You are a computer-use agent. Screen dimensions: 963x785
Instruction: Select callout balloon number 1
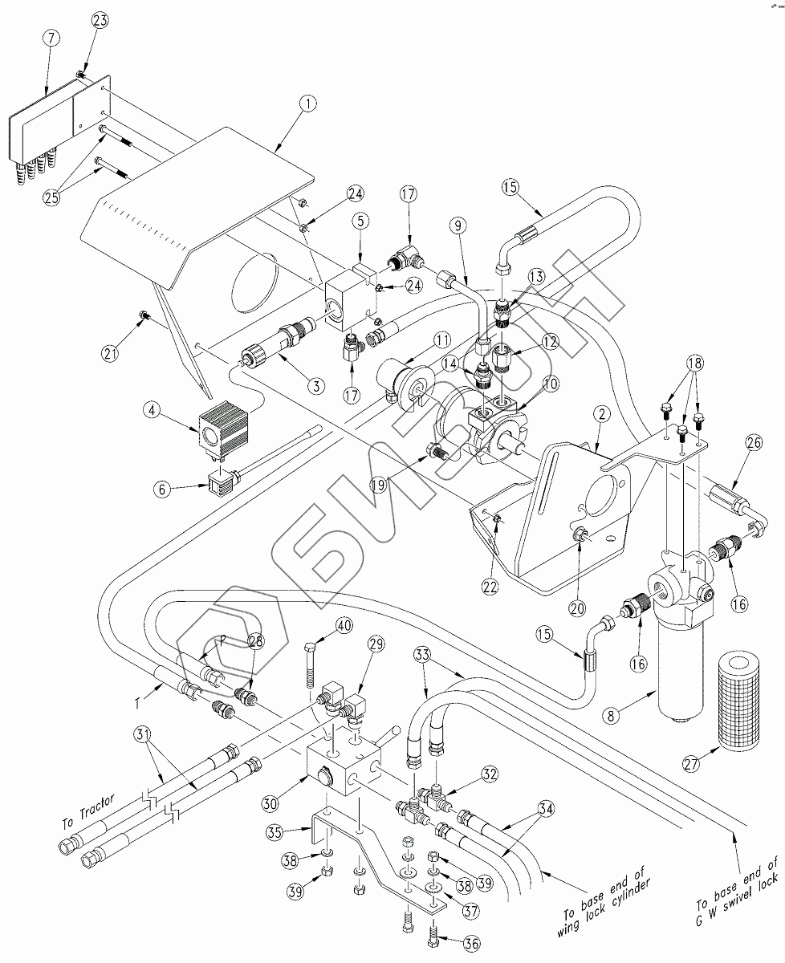(307, 104)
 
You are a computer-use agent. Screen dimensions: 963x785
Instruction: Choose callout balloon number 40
(344, 626)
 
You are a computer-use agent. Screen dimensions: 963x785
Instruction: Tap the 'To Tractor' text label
(89, 811)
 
